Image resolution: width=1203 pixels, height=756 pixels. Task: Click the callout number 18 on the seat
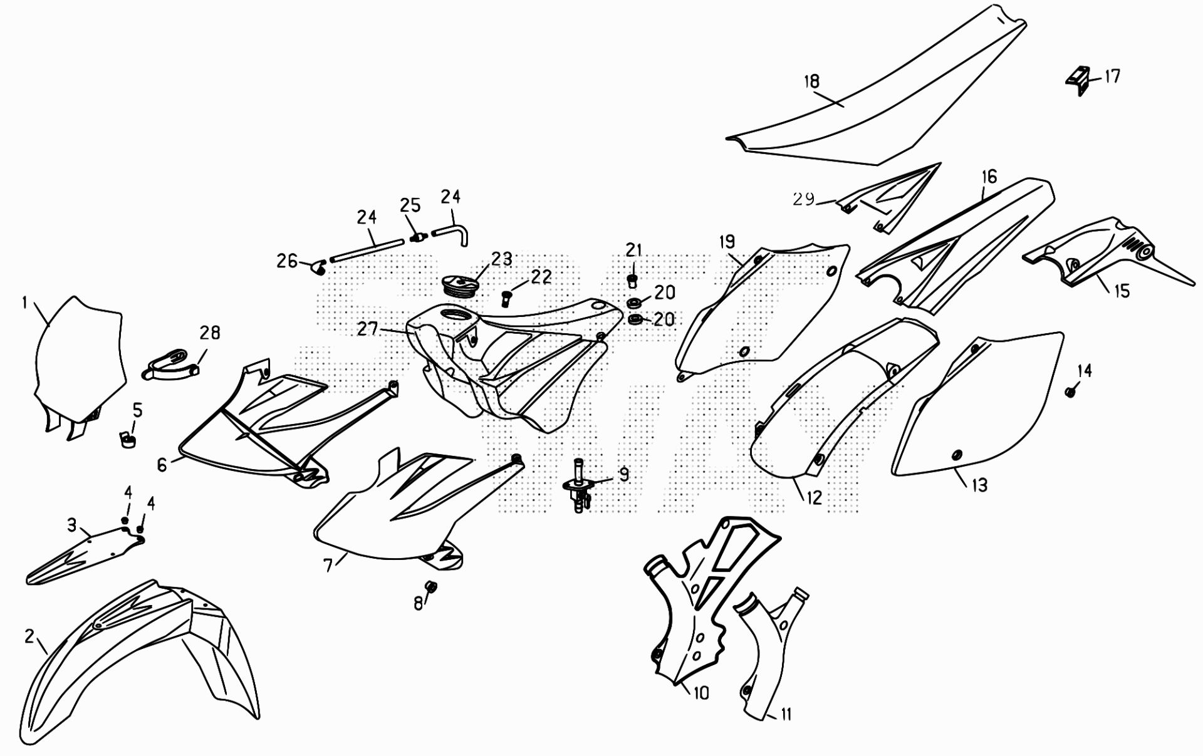(811, 81)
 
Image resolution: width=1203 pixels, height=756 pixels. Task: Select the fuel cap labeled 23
(462, 286)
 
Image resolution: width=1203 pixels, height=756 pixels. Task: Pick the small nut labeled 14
(1070, 392)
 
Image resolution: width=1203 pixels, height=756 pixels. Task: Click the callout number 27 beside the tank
(367, 328)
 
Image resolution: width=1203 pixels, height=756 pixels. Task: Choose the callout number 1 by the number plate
(25, 303)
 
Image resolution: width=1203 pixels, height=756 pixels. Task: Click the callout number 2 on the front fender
(29, 636)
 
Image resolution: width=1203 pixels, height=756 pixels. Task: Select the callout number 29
(804, 199)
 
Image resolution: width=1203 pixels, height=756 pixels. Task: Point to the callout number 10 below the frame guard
(701, 693)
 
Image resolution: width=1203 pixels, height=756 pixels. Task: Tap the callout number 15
(1121, 291)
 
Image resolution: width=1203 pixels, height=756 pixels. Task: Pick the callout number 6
(162, 465)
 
